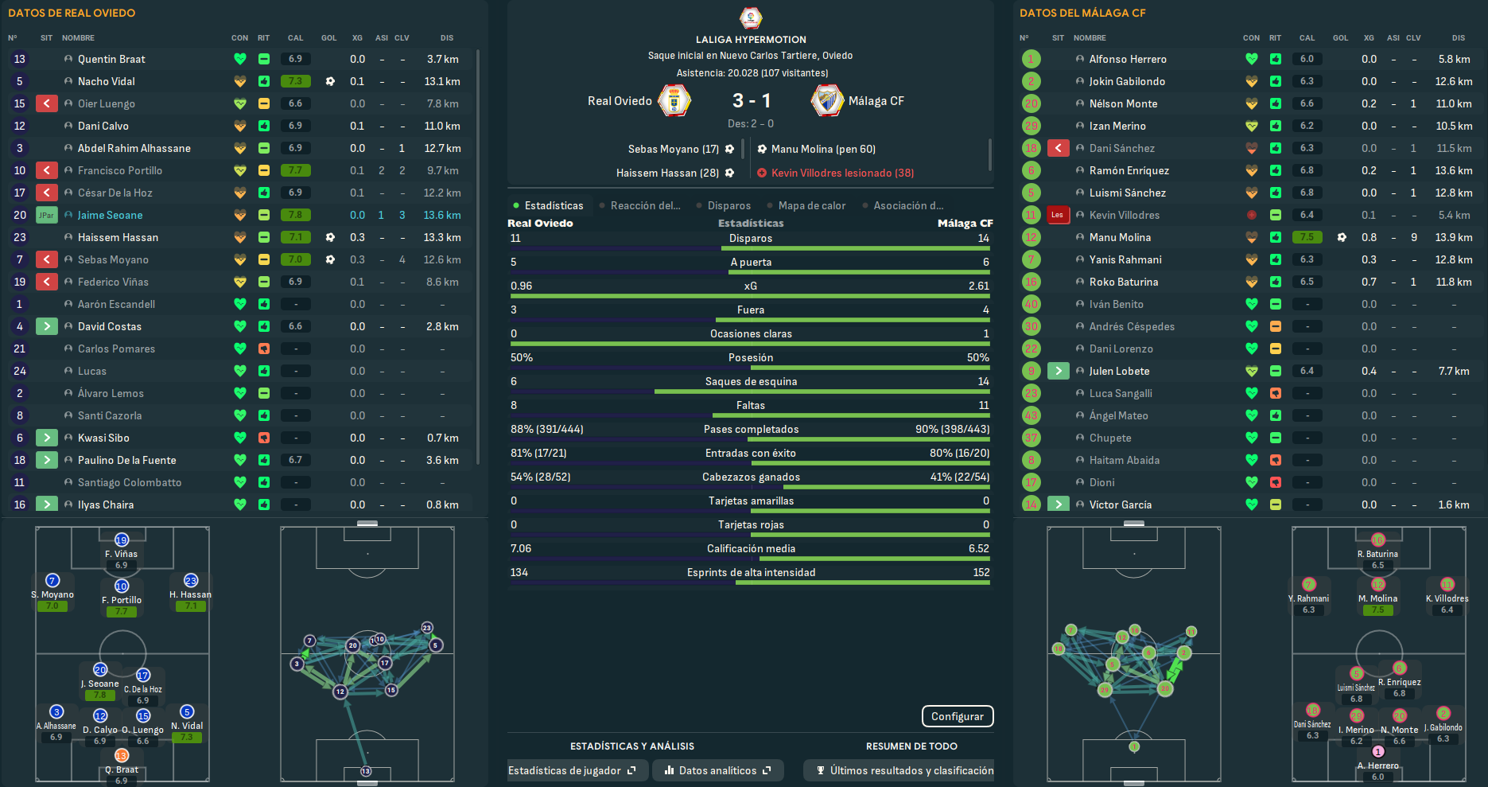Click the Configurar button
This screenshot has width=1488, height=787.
click(957, 716)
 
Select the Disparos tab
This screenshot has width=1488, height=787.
click(728, 205)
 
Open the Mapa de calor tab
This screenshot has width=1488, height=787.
click(811, 205)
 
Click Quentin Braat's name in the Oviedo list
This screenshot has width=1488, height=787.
click(111, 59)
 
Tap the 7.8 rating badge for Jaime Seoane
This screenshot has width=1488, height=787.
click(295, 215)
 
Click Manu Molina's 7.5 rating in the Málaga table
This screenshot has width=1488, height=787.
click(1307, 237)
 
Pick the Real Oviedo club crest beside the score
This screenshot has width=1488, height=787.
click(674, 101)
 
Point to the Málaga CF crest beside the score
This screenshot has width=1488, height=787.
click(827, 101)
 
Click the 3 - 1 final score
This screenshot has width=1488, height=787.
click(751, 100)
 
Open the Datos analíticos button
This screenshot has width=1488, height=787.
click(717, 770)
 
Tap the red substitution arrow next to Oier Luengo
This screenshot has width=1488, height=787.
click(47, 103)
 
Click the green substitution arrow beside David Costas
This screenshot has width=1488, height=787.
click(47, 326)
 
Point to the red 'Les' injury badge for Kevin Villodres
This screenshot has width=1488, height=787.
click(1057, 215)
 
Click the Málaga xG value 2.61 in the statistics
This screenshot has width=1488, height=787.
click(978, 286)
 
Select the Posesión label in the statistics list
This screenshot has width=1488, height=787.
click(750, 357)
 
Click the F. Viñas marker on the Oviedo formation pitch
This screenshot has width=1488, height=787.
click(122, 541)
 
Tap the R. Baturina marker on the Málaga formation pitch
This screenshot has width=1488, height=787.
click(1377, 541)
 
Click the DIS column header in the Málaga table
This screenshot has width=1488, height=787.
click(1458, 37)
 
